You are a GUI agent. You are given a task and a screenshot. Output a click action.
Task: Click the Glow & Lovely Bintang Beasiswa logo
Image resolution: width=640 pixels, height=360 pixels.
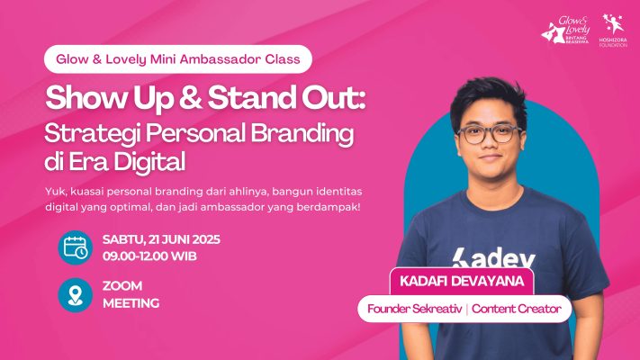(x=565, y=31)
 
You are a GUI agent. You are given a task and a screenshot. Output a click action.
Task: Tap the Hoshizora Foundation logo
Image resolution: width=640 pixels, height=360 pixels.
(x=613, y=31)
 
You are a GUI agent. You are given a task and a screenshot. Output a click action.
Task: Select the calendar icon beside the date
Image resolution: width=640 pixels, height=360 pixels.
(x=75, y=247)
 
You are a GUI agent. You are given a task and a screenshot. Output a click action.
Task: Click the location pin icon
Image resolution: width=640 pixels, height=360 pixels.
(x=75, y=294)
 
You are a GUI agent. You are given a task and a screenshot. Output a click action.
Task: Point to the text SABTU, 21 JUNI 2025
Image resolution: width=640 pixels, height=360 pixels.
(x=161, y=239)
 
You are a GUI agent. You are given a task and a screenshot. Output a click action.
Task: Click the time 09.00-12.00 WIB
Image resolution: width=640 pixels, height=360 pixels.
(x=149, y=256)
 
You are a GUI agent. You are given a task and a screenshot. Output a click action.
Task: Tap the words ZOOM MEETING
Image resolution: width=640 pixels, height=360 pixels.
(x=131, y=294)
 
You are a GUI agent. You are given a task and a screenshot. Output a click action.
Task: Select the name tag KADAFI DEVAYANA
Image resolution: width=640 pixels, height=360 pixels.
(x=462, y=281)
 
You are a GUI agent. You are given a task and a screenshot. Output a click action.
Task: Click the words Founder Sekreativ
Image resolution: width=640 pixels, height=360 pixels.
(x=415, y=309)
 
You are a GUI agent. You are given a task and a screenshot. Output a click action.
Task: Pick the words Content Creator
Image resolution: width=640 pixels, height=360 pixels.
(x=517, y=309)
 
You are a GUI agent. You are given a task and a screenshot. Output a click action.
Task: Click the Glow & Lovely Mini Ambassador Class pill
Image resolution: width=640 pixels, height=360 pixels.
(x=178, y=59)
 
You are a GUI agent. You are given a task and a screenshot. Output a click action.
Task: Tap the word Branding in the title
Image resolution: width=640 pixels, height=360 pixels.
(x=302, y=134)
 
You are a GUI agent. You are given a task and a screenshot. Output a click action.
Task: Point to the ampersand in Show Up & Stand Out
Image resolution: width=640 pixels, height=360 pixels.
(x=191, y=99)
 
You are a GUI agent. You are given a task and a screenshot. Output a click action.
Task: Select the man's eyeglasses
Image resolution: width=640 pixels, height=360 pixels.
(x=489, y=134)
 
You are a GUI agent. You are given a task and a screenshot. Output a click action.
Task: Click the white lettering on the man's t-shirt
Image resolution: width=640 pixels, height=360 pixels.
(x=493, y=258)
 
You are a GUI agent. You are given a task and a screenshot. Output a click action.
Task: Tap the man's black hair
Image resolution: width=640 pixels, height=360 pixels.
(x=488, y=97)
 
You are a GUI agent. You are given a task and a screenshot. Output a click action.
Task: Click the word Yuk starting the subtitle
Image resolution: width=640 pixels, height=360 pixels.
(x=53, y=192)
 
